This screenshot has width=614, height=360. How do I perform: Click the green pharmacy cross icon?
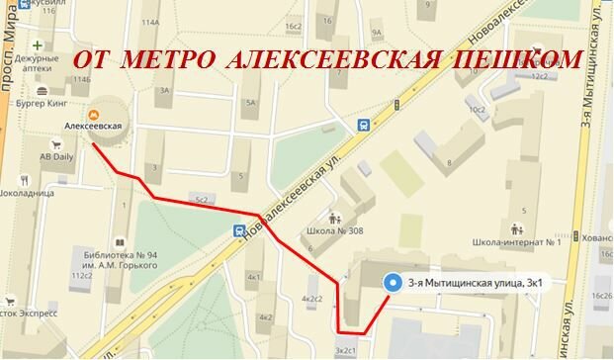38,46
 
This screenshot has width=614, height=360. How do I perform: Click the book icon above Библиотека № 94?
119,241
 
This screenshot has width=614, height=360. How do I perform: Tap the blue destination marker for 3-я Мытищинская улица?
391,281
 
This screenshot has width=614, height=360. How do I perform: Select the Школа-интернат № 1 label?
517,241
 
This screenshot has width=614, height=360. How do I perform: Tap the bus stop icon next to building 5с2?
240,229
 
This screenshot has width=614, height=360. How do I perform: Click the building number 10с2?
480,109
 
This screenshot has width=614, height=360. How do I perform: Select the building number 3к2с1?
346,349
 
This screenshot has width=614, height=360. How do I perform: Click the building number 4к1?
255,277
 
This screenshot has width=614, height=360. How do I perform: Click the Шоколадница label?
29,194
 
